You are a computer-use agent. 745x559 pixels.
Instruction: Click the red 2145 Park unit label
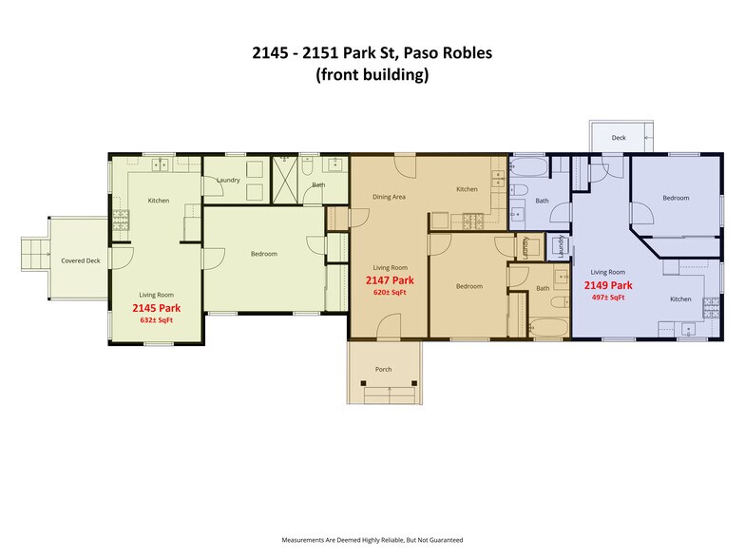(x=157, y=308)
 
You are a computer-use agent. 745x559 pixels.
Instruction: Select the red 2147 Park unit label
(x=390, y=280)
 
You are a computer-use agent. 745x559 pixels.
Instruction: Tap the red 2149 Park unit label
(x=608, y=285)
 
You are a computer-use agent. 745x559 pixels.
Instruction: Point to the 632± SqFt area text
(x=157, y=320)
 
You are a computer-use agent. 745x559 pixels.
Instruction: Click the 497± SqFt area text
(x=608, y=298)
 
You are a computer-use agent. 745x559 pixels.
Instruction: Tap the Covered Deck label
(x=81, y=260)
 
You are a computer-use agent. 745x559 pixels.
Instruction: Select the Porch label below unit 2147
(x=384, y=369)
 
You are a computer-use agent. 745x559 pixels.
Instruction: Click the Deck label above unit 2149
(x=619, y=138)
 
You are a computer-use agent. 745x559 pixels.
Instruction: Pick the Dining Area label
(x=389, y=197)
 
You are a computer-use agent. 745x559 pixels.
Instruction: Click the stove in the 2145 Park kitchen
(x=121, y=221)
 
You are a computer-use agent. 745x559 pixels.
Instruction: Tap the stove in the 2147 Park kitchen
(x=472, y=222)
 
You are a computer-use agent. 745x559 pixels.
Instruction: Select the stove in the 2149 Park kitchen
(x=711, y=306)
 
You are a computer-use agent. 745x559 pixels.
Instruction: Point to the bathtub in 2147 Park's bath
(x=546, y=328)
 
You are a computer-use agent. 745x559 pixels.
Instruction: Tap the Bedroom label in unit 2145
(x=263, y=254)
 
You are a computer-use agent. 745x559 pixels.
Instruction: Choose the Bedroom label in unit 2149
(x=676, y=198)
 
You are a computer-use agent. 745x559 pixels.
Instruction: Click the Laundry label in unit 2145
(x=228, y=180)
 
